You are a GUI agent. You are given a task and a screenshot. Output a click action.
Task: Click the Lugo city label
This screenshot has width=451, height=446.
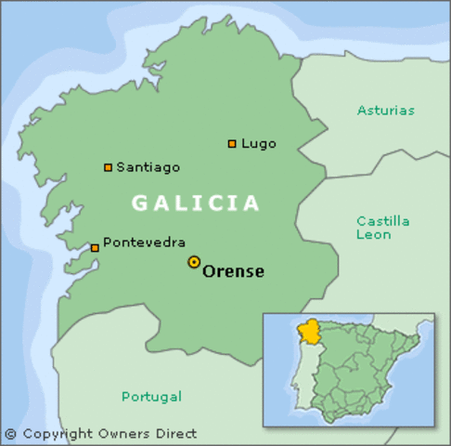259,144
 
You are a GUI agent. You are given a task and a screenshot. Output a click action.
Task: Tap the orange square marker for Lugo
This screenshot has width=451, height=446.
232,144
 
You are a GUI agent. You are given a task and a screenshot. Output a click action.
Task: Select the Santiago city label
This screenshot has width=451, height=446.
148,167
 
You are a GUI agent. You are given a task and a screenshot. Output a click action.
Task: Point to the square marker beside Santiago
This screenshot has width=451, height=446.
109,168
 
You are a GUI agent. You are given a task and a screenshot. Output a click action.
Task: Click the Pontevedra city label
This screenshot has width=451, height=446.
144,243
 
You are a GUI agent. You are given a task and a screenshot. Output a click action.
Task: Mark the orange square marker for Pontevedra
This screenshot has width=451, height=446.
95,248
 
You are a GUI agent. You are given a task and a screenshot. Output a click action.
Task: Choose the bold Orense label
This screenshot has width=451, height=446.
233,271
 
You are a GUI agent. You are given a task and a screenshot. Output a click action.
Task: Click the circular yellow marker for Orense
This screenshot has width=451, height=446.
194,263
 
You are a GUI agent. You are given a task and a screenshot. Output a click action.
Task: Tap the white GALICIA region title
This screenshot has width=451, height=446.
196,203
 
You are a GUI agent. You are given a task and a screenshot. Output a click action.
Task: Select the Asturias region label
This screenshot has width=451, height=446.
386,111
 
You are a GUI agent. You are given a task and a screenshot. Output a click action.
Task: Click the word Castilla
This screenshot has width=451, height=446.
383,221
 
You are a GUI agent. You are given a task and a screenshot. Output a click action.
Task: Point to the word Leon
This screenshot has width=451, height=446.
373,235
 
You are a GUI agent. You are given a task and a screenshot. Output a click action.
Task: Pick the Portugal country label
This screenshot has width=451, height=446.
151,397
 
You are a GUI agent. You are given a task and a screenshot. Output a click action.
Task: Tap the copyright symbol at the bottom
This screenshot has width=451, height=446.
10,434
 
